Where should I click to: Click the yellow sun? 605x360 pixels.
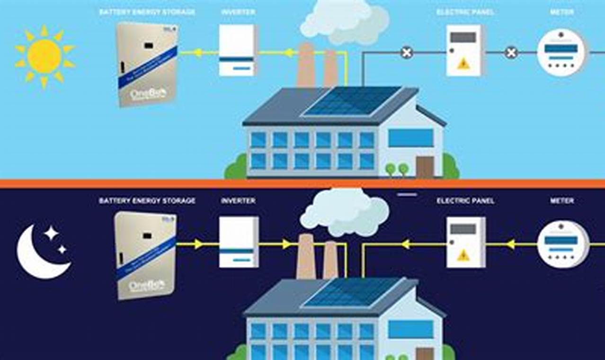pos(44,56)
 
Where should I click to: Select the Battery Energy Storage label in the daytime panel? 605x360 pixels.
pos(147,12)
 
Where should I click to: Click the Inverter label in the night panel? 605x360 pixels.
pos(238,201)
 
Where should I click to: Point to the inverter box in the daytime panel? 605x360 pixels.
pos(238,50)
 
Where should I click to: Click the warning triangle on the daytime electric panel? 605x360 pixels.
pos(463,63)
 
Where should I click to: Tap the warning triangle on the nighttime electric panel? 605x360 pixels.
pos(463,255)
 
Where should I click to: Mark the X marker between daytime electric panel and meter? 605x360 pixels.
pos(511,53)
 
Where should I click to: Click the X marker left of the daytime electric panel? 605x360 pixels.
pos(407,53)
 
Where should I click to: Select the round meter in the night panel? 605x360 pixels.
pos(562,244)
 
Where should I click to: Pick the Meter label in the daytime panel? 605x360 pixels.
pos(562,12)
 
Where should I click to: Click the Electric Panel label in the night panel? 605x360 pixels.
pos(465,201)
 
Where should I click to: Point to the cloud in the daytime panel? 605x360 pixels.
pos(345,21)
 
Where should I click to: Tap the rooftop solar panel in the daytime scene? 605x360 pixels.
pos(353,101)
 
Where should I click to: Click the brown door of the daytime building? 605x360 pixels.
pos(425,167)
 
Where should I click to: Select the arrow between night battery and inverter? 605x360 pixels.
pos(198,244)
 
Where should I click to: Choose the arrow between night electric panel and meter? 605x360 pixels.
pos(510,244)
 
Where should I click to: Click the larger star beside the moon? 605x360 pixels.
pos(51,233)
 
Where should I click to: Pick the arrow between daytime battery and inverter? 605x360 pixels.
pos(198,53)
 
